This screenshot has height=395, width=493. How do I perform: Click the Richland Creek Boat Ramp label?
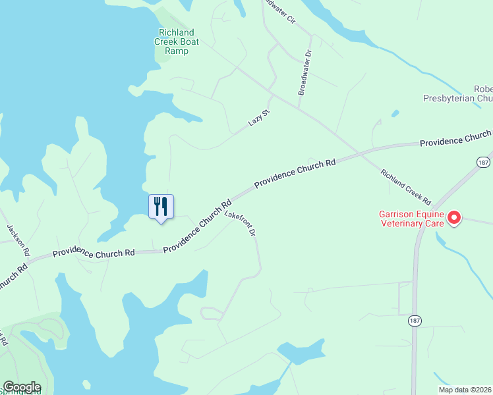click(177, 41)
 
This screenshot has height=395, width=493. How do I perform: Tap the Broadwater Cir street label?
click(279, 11)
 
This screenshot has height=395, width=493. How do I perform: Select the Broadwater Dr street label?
click(304, 72)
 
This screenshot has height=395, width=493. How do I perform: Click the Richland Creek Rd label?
click(405, 186)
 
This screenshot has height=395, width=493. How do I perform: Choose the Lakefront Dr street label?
click(240, 224)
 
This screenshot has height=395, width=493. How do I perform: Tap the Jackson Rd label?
click(18, 240)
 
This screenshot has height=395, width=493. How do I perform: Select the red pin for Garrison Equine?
click(454, 217)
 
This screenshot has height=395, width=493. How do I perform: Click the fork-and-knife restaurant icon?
click(161, 207)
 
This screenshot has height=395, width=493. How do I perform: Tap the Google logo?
click(22, 387)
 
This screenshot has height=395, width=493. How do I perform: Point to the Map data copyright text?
click(465, 390)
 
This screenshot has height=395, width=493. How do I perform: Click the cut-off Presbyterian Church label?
click(458, 94)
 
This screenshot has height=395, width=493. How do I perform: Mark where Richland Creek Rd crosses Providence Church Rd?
click(359, 153)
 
